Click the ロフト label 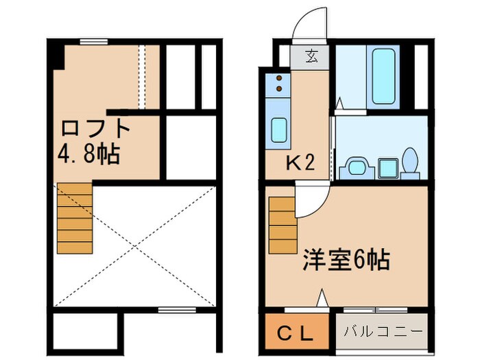point(95,128)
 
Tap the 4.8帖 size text point(88,152)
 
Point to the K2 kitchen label point(300,163)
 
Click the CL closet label point(296,335)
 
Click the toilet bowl point(409,163)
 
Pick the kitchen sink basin point(278,129)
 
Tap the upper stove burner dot point(279,78)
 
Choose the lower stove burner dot point(279,88)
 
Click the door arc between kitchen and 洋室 point(312,200)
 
